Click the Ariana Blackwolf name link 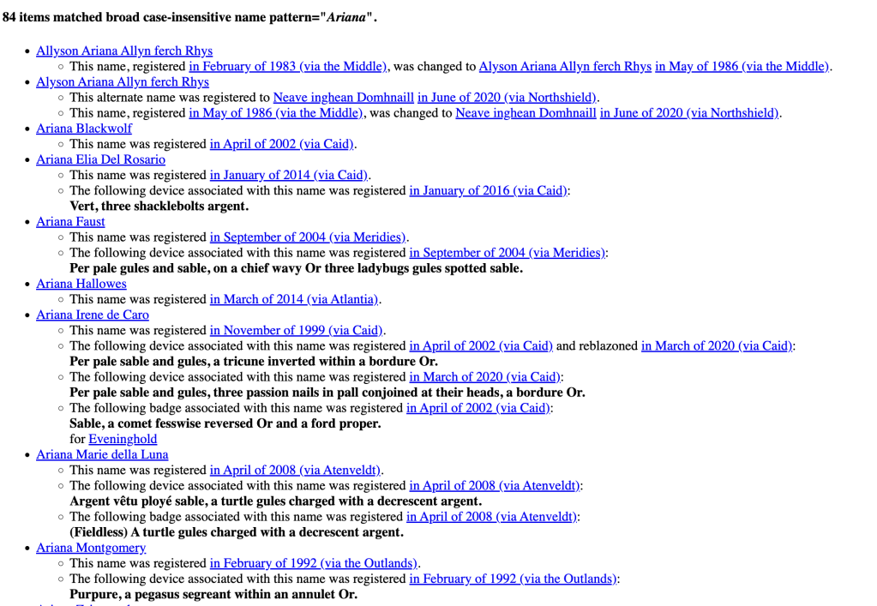click(84, 129)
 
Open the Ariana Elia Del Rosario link click(100, 159)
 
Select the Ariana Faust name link click(70, 221)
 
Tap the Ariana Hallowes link click(81, 284)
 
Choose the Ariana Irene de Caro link click(92, 315)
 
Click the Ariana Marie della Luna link click(102, 454)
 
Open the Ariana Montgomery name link click(91, 548)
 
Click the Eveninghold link click(123, 439)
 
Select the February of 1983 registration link click(288, 66)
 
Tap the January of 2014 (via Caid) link click(289, 175)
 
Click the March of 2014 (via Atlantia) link click(294, 299)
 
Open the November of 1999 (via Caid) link click(297, 330)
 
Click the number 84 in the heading click(9, 17)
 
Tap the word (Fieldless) click(98, 532)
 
